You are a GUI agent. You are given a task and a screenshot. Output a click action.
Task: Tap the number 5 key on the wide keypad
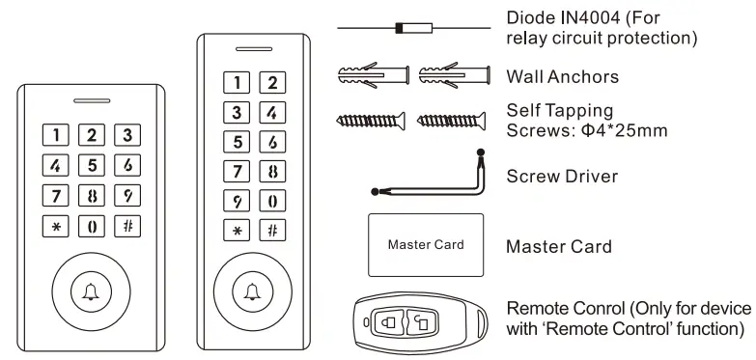[x=91, y=166]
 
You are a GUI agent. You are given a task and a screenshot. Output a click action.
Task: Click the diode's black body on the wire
[x=401, y=32]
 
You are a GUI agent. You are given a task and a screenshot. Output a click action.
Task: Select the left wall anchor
[x=369, y=74]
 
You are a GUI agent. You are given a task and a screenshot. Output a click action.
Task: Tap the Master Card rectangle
[x=425, y=245]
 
